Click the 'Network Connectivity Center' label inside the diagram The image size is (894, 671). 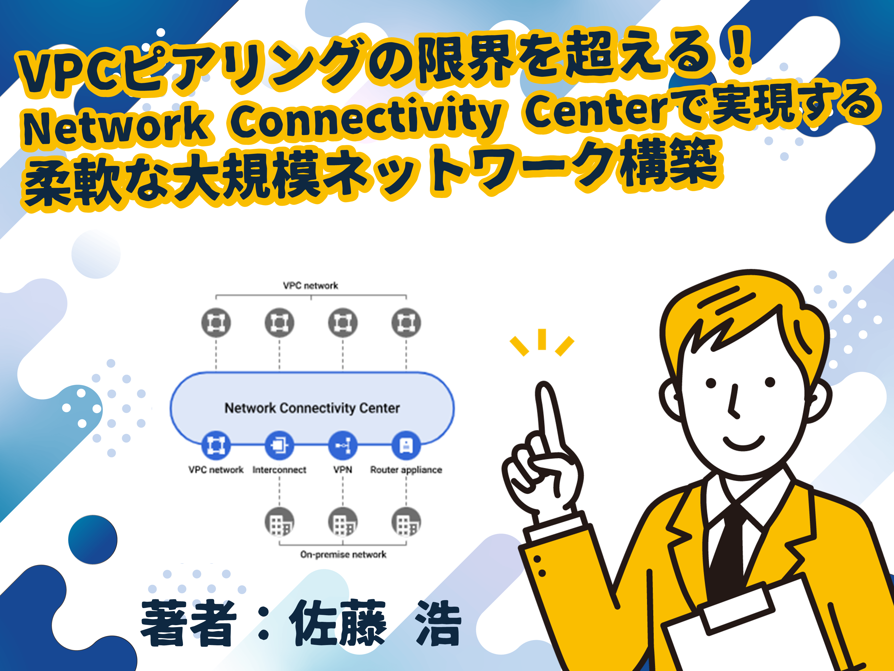click(x=312, y=408)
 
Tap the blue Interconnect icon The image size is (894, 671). click(x=279, y=445)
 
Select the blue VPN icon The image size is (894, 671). click(x=343, y=445)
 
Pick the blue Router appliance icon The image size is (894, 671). click(x=406, y=445)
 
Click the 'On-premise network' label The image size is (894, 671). click(x=343, y=554)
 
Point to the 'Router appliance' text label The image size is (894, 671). click(x=406, y=470)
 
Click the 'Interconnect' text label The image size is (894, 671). click(x=279, y=470)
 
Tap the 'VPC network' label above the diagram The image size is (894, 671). click(x=310, y=286)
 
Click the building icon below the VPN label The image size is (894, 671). click(x=343, y=522)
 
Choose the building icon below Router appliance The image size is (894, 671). click(x=406, y=522)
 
